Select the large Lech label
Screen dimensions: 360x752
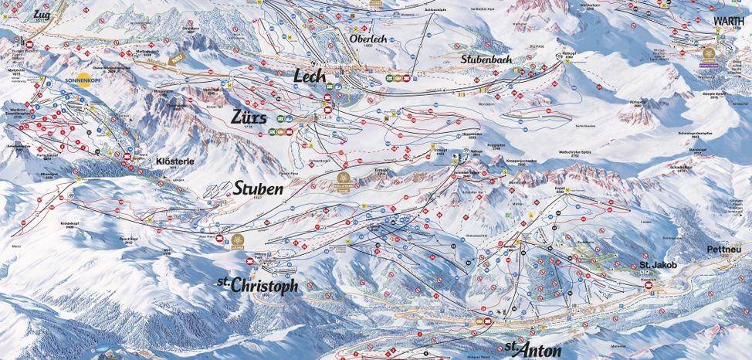[x=311, y=76]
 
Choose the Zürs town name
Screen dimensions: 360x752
[x=248, y=117]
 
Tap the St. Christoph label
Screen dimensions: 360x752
[x=257, y=285]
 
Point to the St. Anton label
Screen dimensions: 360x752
[x=533, y=349]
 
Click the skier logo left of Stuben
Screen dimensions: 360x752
[x=219, y=188]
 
